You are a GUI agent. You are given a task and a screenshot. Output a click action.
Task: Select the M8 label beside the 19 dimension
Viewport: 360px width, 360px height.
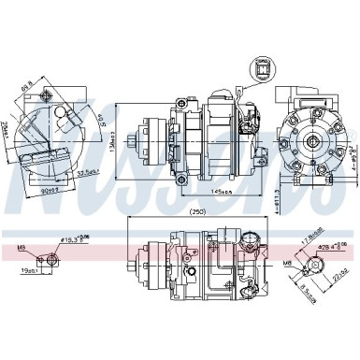(20, 223)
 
